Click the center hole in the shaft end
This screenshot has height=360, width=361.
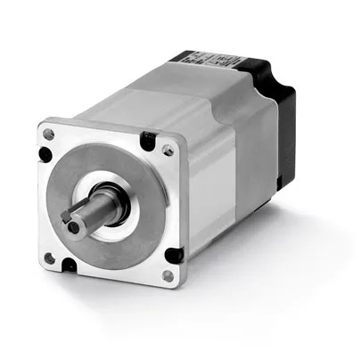pos(78,217)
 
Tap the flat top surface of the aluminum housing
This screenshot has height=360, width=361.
pos(160,89)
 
